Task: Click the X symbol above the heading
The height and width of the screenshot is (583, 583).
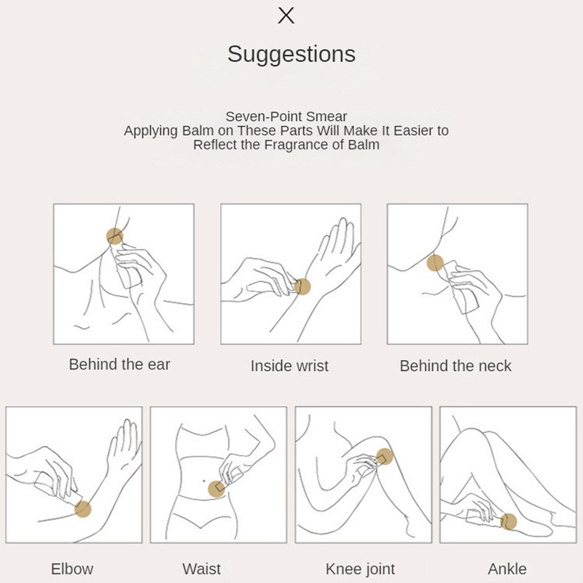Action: [x=286, y=15]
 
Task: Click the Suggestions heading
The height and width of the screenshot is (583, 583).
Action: [x=291, y=54]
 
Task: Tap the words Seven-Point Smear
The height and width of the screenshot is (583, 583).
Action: [x=286, y=117]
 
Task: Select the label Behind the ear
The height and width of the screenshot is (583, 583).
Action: [x=120, y=364]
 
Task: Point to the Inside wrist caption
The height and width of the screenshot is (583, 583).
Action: [x=289, y=366]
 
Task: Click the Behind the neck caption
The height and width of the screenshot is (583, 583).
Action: [x=455, y=366]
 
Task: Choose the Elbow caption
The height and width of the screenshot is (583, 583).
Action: [x=72, y=569]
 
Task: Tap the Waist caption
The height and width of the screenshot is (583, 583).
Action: [x=202, y=569]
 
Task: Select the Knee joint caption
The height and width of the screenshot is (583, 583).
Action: [x=360, y=569]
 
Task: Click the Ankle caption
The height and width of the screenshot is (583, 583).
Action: [x=507, y=569]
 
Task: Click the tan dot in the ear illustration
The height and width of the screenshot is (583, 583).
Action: [x=115, y=236]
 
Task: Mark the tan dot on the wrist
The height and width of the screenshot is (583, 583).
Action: [x=302, y=286]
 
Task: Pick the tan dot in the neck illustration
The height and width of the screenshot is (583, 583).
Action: [x=435, y=263]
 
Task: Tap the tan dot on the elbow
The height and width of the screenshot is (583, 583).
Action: [x=83, y=509]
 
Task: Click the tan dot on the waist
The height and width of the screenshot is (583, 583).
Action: [x=216, y=489]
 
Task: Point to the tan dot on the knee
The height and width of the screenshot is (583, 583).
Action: [x=385, y=457]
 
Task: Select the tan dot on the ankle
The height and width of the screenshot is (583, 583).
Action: [x=509, y=522]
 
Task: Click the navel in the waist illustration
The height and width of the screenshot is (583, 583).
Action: [x=204, y=481]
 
